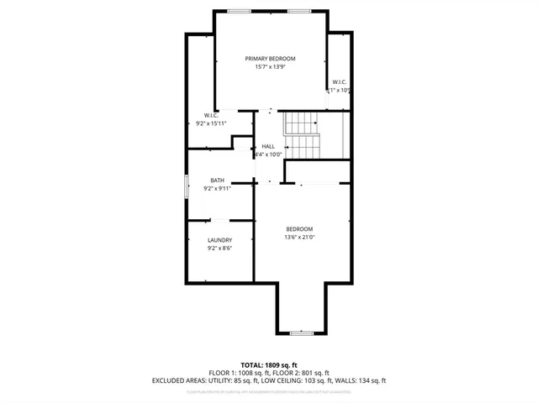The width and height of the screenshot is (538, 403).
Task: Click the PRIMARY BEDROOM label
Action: tap(270, 59)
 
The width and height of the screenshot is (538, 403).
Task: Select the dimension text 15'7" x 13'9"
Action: tap(270, 67)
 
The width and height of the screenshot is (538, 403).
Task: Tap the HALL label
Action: tap(267, 146)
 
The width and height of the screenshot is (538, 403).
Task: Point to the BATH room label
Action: tap(217, 181)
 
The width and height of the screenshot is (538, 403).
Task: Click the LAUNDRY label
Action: tap(219, 240)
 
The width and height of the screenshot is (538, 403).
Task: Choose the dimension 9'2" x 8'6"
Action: tap(219, 249)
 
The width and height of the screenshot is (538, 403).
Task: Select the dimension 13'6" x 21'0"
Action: tap(299, 238)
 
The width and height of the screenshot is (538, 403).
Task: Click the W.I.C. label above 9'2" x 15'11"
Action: tap(211, 115)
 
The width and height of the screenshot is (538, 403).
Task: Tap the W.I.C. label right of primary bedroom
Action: tap(339, 81)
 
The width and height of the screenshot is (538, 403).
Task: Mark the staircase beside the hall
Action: tap(303, 134)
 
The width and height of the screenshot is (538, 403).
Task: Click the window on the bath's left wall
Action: tap(186, 186)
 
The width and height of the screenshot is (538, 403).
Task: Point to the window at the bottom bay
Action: tap(301, 333)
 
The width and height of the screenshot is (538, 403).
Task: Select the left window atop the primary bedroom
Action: tap(239, 11)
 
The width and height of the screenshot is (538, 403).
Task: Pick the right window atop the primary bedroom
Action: tap(298, 11)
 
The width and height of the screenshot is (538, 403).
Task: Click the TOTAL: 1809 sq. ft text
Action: tap(269, 365)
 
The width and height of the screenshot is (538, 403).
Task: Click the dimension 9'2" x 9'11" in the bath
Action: tap(217, 189)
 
